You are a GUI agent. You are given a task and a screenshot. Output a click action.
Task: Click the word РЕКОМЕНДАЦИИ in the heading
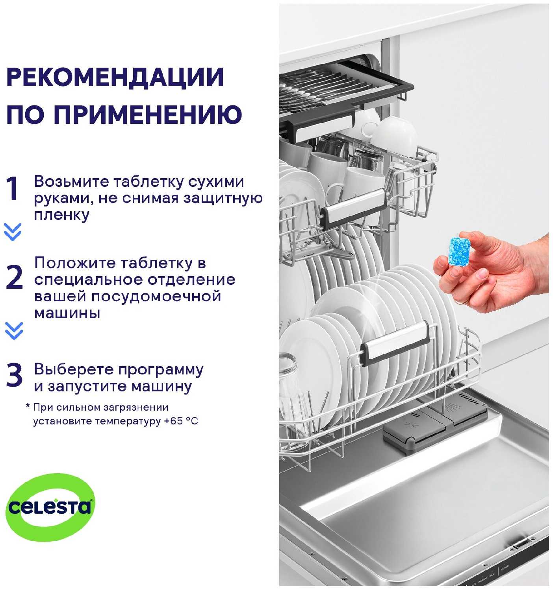(x=115, y=77)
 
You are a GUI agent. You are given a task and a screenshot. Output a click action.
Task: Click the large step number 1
(x=13, y=189)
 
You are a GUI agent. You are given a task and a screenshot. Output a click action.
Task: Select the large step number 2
(x=15, y=278)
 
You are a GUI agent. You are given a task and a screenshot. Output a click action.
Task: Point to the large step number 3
(x=14, y=375)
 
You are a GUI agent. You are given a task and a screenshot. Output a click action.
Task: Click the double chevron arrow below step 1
(x=13, y=232)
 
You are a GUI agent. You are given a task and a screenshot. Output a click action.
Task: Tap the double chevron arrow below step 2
(x=14, y=331)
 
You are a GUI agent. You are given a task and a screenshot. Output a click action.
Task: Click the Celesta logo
(x=50, y=507)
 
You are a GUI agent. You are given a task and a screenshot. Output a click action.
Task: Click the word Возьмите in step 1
(x=70, y=182)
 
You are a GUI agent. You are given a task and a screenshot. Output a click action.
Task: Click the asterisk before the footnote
(x=28, y=406)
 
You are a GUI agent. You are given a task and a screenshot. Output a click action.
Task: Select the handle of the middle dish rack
(x=353, y=207)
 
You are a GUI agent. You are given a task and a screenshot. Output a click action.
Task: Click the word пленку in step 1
(x=61, y=215)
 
